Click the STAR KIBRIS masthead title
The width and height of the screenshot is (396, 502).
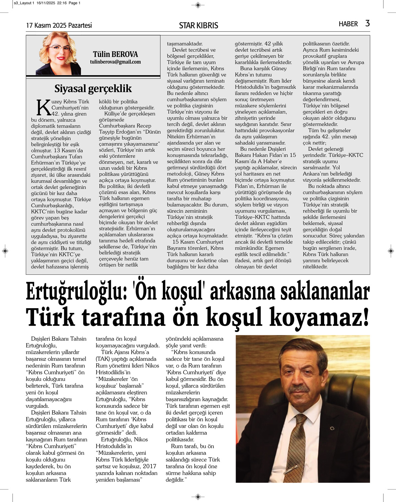tap(198, 25)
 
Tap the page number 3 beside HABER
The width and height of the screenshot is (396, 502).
tap(367, 23)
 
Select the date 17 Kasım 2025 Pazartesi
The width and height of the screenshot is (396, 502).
tap(59, 25)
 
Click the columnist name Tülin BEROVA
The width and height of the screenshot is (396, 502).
tap(115, 54)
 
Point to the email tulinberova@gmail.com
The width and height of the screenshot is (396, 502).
tap(115, 62)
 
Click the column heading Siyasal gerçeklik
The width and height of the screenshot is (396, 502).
tap(93, 88)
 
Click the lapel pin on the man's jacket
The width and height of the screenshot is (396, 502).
tap(332, 428)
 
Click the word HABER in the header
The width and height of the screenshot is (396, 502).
tap(348, 24)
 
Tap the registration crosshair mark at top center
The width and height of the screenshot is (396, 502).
tap(198, 5)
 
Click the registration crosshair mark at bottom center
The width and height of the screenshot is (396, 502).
tap(198, 496)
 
